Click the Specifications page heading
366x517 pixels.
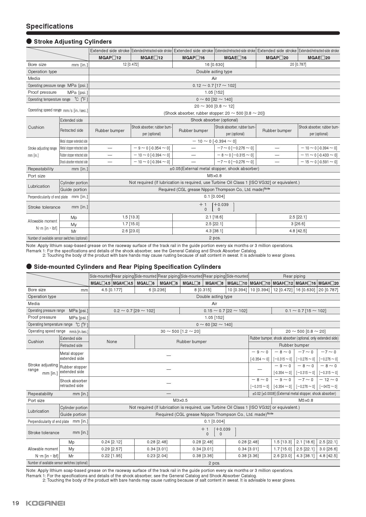point(50,26)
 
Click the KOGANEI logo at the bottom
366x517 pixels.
point(45,503)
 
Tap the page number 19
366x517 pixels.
point(16,503)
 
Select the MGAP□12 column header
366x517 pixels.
point(110,58)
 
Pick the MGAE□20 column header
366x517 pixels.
point(319,58)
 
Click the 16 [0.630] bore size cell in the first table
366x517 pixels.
point(214,65)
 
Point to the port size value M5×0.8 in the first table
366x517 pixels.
point(214,176)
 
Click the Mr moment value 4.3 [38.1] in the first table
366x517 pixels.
point(214,231)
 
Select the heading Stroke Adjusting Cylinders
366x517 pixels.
point(73,42)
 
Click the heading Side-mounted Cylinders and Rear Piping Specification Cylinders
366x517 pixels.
point(127,267)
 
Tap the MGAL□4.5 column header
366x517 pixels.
point(100,283)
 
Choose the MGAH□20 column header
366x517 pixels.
point(329,283)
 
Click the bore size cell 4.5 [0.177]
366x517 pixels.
point(112,290)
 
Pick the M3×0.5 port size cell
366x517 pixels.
point(180,400)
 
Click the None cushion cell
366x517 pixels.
point(112,342)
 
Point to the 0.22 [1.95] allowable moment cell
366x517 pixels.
point(112,456)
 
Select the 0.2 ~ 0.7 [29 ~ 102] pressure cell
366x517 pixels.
point(134,311)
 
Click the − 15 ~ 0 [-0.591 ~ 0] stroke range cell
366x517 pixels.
point(319,162)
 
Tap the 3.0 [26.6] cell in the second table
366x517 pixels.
point(329,449)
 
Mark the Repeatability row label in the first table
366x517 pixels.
point(41,169)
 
